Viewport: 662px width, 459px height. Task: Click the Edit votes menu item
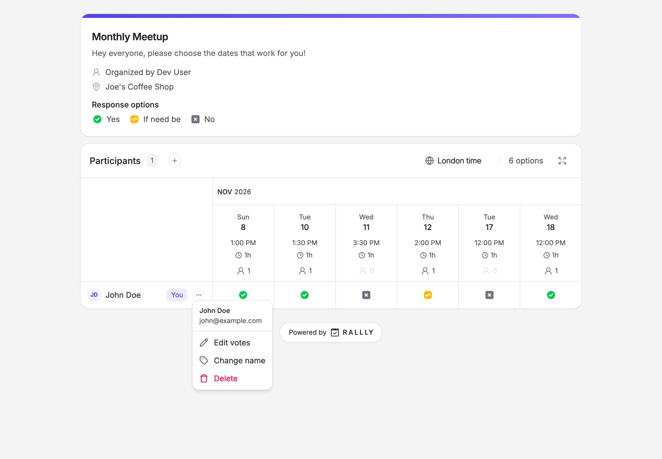pyautogui.click(x=232, y=343)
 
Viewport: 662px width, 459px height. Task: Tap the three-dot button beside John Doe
pyautogui.click(x=199, y=295)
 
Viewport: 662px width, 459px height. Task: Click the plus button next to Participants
pyautogui.click(x=175, y=160)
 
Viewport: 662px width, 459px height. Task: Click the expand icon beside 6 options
pyautogui.click(x=562, y=160)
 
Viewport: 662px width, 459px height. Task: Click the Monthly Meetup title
pyautogui.click(x=130, y=37)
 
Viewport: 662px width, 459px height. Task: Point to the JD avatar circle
pyautogui.click(x=94, y=295)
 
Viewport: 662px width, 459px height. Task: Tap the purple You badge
pyautogui.click(x=177, y=295)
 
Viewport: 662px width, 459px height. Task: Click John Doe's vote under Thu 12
pyautogui.click(x=428, y=295)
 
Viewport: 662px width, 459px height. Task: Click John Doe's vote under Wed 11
pyautogui.click(x=366, y=295)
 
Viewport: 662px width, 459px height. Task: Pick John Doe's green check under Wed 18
pyautogui.click(x=551, y=295)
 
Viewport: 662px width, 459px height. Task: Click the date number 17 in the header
pyautogui.click(x=489, y=227)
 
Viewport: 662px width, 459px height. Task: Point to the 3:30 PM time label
pyautogui.click(x=366, y=243)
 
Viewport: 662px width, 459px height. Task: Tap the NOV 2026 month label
pyautogui.click(x=234, y=192)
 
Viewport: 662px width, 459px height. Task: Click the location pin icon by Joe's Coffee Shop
pyautogui.click(x=96, y=87)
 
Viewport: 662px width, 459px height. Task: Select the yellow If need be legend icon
pyautogui.click(x=134, y=119)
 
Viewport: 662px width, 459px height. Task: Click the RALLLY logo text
pyautogui.click(x=358, y=332)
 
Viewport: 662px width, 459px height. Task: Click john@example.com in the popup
pyautogui.click(x=230, y=321)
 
